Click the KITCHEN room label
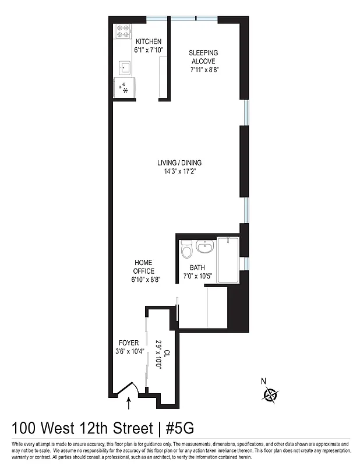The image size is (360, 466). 149,42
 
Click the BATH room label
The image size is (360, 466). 197,268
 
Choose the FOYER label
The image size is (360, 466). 129,343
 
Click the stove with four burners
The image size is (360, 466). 123,31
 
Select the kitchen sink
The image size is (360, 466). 124,66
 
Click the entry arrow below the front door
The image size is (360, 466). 129,400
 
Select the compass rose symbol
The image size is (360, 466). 270,396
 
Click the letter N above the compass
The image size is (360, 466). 263,382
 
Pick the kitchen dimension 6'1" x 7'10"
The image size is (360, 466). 149,50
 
